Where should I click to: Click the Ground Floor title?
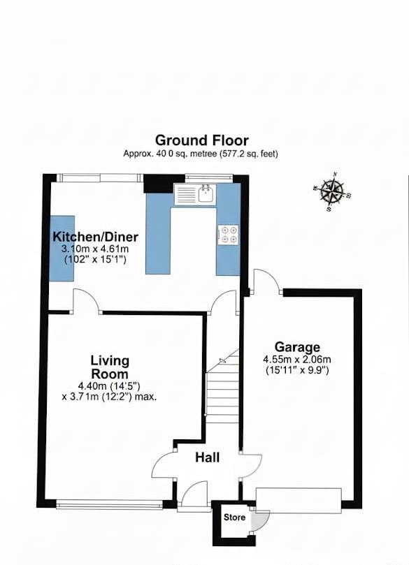[201, 140]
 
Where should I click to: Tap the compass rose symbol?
[332, 191]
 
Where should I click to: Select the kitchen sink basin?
[206, 194]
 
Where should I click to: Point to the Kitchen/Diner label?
[96, 237]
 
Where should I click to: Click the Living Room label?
[110, 367]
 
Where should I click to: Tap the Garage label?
[297, 347]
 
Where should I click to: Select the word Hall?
[208, 457]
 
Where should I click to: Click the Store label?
[234, 518]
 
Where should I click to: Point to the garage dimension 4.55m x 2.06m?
[297, 359]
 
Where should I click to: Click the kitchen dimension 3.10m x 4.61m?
[95, 249]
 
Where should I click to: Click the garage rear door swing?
[267, 281]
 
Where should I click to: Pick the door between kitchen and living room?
[87, 300]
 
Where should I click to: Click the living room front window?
[109, 504]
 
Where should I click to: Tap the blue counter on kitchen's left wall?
[62, 248]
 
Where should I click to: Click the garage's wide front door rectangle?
[299, 501]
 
